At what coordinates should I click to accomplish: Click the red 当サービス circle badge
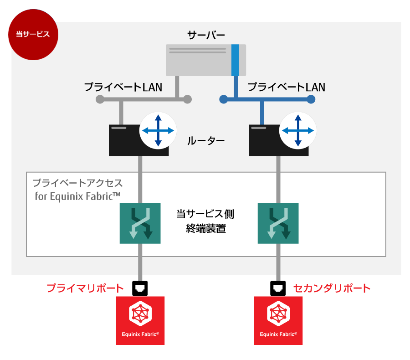[x=33, y=35]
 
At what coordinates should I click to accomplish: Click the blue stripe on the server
[x=235, y=60]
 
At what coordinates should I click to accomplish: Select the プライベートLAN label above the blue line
[x=286, y=87]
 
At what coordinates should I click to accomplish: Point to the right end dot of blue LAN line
[x=311, y=99]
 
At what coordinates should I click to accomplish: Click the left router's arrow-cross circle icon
[x=158, y=130]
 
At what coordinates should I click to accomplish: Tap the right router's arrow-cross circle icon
[x=298, y=130]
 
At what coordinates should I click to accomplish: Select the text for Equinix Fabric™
[x=78, y=197]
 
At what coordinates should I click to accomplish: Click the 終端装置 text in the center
[x=206, y=229]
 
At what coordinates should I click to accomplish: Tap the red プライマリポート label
[x=85, y=288]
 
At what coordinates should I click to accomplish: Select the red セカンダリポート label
[x=332, y=288]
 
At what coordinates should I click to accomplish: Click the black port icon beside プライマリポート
[x=140, y=288]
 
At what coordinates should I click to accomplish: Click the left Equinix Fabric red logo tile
[x=140, y=320]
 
